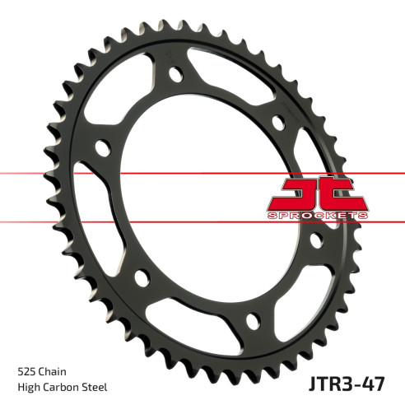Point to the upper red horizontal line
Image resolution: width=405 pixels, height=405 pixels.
click(x=123, y=174)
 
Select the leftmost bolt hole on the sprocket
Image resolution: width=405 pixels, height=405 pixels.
click(x=102, y=148)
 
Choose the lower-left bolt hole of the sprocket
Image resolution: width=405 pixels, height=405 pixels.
click(x=138, y=276)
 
